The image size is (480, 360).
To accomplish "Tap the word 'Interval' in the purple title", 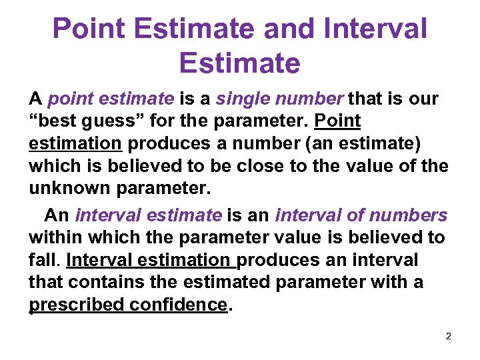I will tap(378, 29).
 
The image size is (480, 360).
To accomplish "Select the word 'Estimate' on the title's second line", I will tap(239, 63).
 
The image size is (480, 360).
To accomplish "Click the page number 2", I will tap(448, 335).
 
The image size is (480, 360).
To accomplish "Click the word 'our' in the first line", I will tap(424, 99).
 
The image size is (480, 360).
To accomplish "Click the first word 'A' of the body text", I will tap(35, 99).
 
